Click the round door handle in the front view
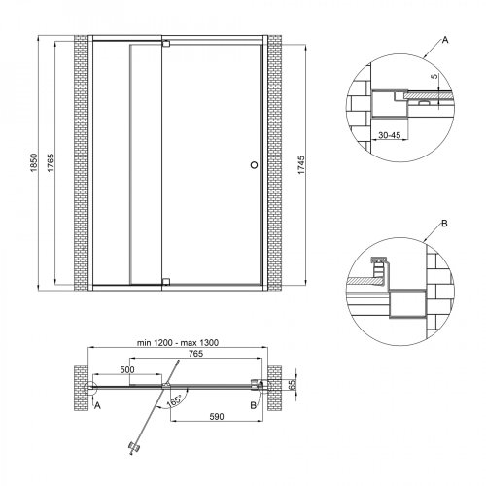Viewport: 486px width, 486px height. [x=254, y=164]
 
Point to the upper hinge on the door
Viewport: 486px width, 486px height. [x=166, y=44]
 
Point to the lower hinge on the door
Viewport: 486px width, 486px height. [x=166, y=282]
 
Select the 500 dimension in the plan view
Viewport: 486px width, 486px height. [x=129, y=370]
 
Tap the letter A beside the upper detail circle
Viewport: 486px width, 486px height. [x=445, y=40]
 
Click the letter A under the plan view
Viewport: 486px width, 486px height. [x=97, y=408]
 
